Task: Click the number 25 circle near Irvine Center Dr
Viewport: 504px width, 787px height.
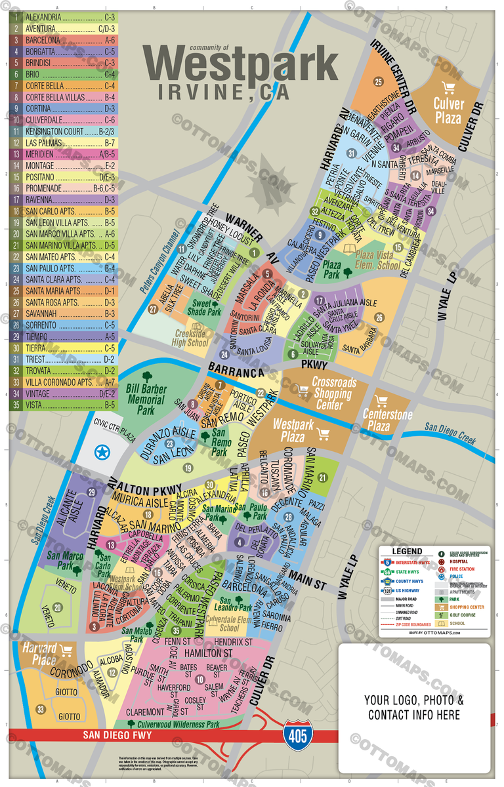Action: click(x=377, y=82)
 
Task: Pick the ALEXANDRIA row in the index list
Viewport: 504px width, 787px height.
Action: click(x=63, y=16)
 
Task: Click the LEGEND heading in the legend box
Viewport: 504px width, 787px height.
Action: click(x=407, y=552)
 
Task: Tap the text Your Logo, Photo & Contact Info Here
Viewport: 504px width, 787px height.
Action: click(x=414, y=707)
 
